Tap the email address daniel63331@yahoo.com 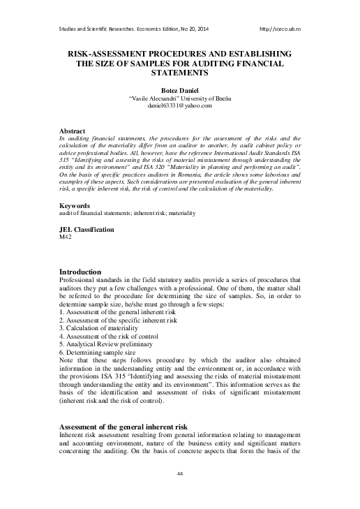[179, 105]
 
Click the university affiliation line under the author [179, 98]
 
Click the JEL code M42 [66, 237]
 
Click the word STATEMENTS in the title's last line [179, 73]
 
